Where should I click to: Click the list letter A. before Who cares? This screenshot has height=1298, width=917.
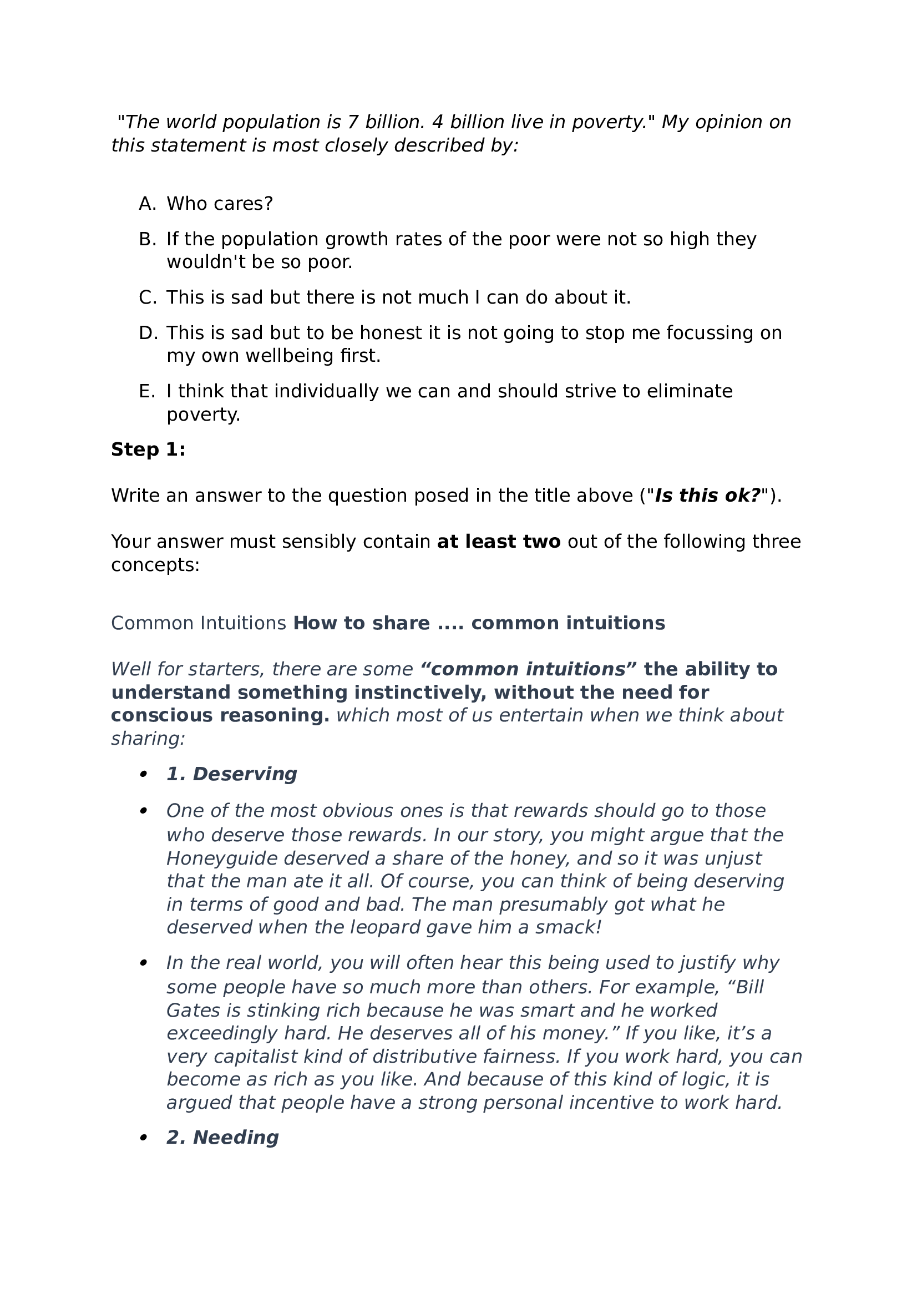tap(147, 204)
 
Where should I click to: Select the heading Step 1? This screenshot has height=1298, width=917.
tap(148, 449)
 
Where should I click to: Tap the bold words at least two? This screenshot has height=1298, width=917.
tap(498, 542)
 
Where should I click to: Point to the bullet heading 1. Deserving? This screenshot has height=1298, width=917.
tap(231, 774)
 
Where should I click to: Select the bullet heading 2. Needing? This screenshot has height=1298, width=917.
tap(222, 1138)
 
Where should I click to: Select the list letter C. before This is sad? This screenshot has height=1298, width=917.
tap(147, 297)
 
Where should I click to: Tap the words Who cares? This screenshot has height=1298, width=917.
tap(220, 204)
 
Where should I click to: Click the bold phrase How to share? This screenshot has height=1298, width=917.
tap(362, 623)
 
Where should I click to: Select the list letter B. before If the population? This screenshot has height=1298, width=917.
tap(147, 239)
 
